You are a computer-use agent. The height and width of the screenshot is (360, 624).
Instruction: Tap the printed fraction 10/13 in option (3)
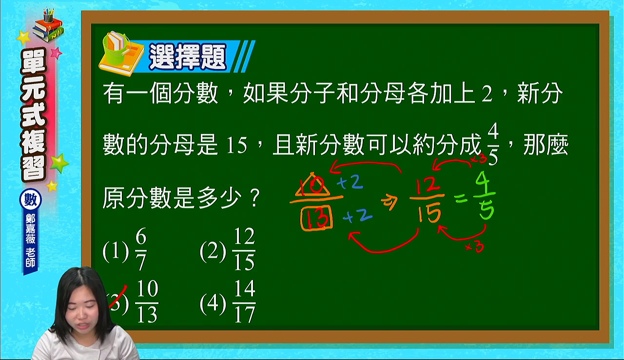[x=147, y=301]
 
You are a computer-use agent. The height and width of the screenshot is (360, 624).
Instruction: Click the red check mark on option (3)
[x=118, y=297]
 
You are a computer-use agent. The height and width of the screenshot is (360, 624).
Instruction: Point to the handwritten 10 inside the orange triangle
[x=312, y=185]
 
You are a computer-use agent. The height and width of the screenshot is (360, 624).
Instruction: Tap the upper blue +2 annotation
[x=350, y=183]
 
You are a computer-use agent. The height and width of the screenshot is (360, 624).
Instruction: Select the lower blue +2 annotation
[x=357, y=216]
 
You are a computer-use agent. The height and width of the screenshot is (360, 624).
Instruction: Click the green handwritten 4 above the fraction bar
[x=484, y=181]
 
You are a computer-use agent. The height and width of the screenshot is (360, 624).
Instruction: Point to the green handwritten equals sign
[x=461, y=199]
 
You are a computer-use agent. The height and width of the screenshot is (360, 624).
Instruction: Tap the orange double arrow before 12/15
[x=390, y=202]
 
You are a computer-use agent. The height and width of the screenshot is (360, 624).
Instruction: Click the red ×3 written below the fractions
[x=474, y=247]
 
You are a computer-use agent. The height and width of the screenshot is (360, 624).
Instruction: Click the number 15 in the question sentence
[x=237, y=145]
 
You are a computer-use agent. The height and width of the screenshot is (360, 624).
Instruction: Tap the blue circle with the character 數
[x=31, y=200]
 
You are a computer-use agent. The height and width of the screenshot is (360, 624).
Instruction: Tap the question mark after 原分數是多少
[x=255, y=198]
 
